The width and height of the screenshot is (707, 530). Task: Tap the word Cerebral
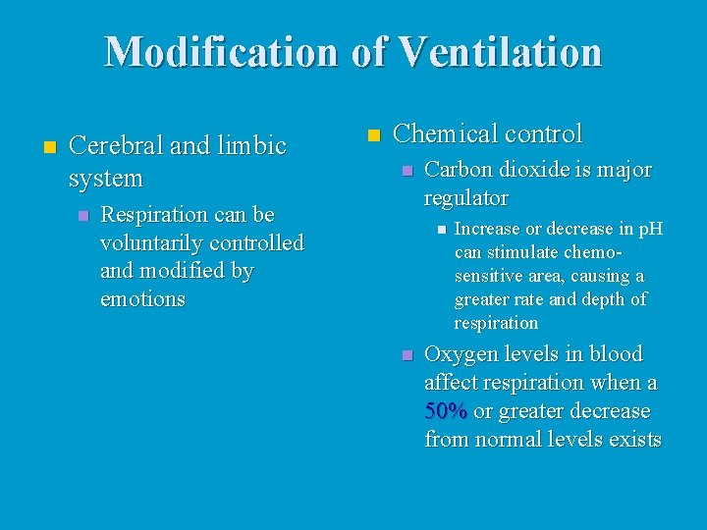coord(116,146)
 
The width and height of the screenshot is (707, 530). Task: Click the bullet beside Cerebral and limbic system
coord(49,147)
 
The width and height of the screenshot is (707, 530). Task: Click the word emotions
coord(142,299)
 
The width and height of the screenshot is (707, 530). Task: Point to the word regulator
coord(465,198)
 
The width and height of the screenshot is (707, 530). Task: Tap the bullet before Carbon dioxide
coord(407,171)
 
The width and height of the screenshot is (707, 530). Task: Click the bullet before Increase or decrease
coord(440,230)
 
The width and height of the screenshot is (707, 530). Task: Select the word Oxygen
coord(460,354)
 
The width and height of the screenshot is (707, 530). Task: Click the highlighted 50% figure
coord(445,411)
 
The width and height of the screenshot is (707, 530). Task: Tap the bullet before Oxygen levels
coord(407,355)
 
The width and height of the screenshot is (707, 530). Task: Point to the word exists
coord(634,440)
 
